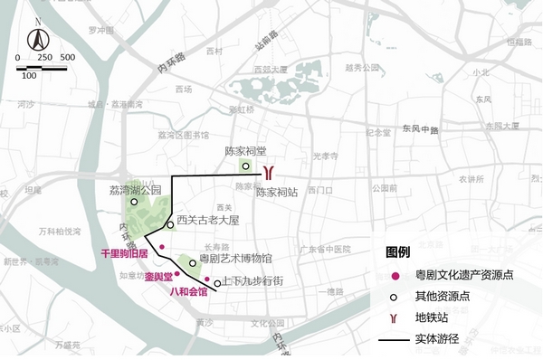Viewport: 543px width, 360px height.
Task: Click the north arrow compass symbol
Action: coord(37,38)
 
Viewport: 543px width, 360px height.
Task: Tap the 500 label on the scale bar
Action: coord(67,58)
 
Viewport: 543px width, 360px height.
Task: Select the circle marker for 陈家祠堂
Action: coord(245,166)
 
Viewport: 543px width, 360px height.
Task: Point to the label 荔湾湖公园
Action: coord(134,190)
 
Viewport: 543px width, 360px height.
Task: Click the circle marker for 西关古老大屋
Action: coord(170,224)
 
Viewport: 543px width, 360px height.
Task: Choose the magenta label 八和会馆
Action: coord(189,292)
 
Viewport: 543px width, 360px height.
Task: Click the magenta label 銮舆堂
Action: coord(159,280)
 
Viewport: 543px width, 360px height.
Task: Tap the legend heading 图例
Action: coord(398,251)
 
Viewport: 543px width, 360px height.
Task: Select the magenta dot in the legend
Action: coord(395,274)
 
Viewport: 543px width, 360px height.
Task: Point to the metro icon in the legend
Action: coord(395,317)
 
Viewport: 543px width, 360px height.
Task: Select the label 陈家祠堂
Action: coord(245,151)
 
